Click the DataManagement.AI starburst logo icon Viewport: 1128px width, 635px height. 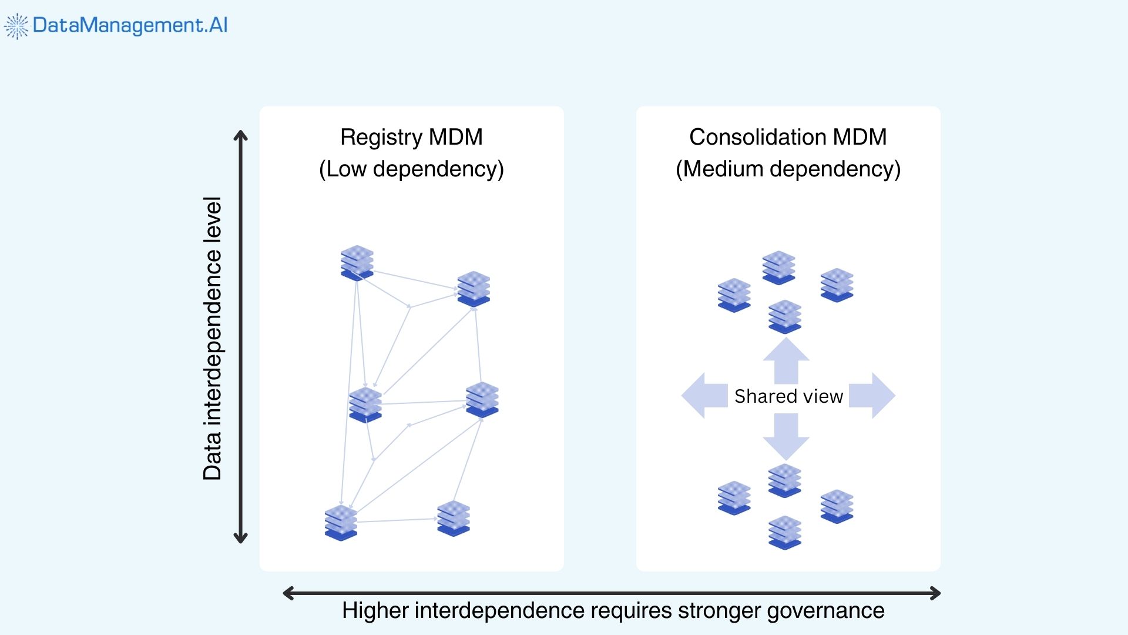click(x=16, y=26)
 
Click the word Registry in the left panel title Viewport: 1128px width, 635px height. click(x=381, y=137)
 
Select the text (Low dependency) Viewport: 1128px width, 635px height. click(x=411, y=169)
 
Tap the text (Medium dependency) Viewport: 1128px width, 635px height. click(x=788, y=169)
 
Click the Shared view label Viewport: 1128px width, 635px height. click(x=788, y=396)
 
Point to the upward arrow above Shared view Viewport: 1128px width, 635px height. click(x=786, y=360)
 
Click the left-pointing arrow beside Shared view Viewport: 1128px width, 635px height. click(x=704, y=396)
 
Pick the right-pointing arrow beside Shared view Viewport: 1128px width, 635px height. click(x=872, y=396)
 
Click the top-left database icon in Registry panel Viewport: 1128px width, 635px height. click(x=357, y=263)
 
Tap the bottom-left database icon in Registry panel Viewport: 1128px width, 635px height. click(x=341, y=523)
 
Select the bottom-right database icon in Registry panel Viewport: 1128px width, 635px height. click(x=454, y=518)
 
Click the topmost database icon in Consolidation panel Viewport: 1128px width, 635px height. click(x=778, y=268)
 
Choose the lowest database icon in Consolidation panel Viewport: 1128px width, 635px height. click(x=785, y=533)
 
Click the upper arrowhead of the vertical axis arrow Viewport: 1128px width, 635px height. click(x=240, y=136)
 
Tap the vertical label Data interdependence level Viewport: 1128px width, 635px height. click(x=212, y=338)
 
